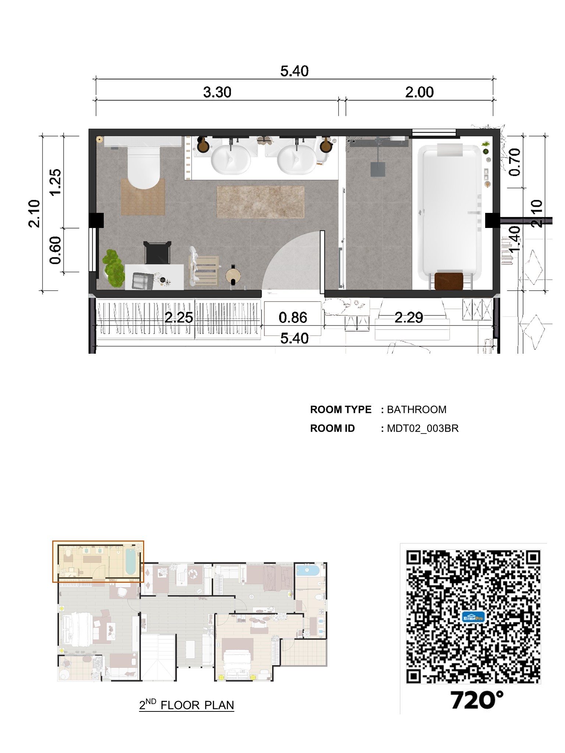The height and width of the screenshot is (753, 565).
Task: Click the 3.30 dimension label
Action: point(217,92)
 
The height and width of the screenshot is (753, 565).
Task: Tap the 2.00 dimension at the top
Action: point(419,92)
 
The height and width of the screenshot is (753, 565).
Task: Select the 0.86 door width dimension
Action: point(293,318)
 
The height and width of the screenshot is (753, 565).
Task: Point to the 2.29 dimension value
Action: point(409,317)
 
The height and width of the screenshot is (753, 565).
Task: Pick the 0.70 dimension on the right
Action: point(515,162)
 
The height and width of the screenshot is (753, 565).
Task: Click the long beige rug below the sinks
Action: point(260,201)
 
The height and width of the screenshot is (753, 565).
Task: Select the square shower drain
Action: point(378,169)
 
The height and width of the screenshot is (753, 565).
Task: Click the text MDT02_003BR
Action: point(423,428)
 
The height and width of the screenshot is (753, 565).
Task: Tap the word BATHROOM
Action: point(416,410)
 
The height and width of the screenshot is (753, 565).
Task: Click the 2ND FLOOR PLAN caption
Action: point(186,705)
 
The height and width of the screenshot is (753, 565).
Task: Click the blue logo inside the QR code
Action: point(473,617)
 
